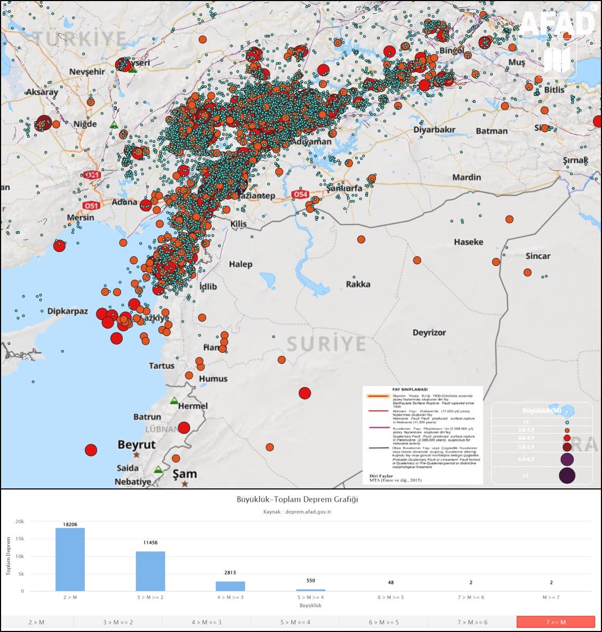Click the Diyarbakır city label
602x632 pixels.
tap(434, 130)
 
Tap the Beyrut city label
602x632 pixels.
tap(137, 445)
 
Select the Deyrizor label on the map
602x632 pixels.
tap(429, 333)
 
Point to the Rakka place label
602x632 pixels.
tap(358, 284)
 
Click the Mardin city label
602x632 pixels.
tap(467, 177)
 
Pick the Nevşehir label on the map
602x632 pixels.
tap(87, 72)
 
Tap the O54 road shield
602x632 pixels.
tap(301, 195)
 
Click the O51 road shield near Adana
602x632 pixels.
tap(91, 206)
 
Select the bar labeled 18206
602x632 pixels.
tap(70, 559)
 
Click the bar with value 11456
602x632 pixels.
tap(150, 571)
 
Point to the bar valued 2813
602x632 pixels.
tap(230, 586)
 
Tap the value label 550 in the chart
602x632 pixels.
tap(311, 581)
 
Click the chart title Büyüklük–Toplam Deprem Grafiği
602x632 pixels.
tap(298, 500)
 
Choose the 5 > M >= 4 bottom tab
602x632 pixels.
tap(295, 622)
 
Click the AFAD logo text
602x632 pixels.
tap(557, 23)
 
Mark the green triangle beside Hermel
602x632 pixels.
tap(174, 400)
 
